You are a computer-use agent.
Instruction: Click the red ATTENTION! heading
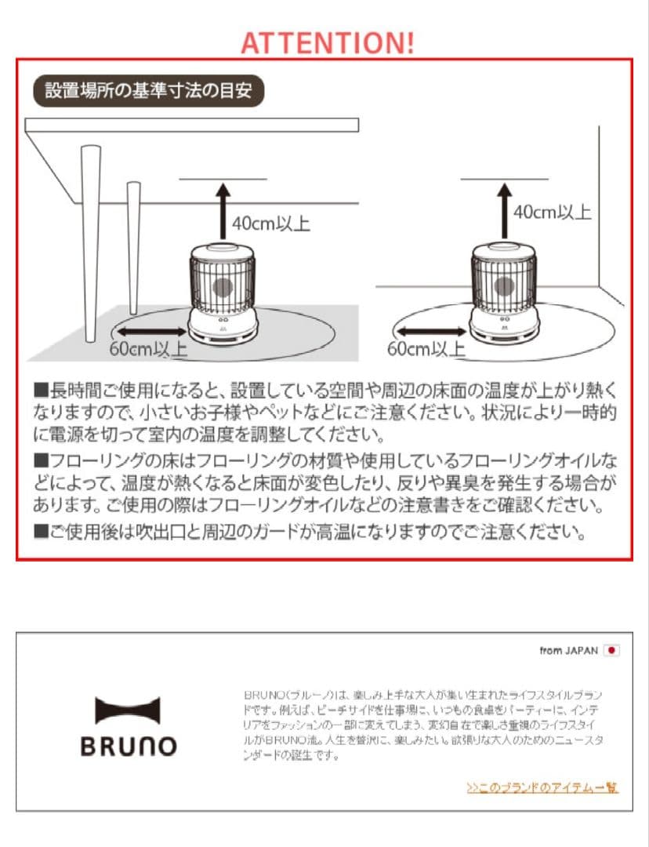pos(327,42)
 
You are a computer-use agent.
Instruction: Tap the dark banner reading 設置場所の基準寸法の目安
pos(148,91)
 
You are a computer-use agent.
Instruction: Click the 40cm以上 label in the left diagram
pos(270,224)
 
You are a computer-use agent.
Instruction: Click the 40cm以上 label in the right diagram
pos(553,213)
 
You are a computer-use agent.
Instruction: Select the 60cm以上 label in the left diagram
pos(148,350)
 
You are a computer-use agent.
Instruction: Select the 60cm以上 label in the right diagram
pos(426,348)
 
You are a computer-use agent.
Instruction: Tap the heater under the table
pos(223,294)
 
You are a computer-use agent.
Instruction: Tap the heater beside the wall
pos(503,294)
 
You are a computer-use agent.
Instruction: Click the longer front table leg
pos(89,243)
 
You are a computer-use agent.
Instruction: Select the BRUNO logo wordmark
pos(129,746)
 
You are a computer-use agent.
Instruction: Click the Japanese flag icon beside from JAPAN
pos(612,651)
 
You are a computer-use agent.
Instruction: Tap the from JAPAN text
pos(568,651)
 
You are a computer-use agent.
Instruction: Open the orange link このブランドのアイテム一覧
pos(542,787)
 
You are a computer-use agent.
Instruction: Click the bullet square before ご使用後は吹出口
pos(41,533)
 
